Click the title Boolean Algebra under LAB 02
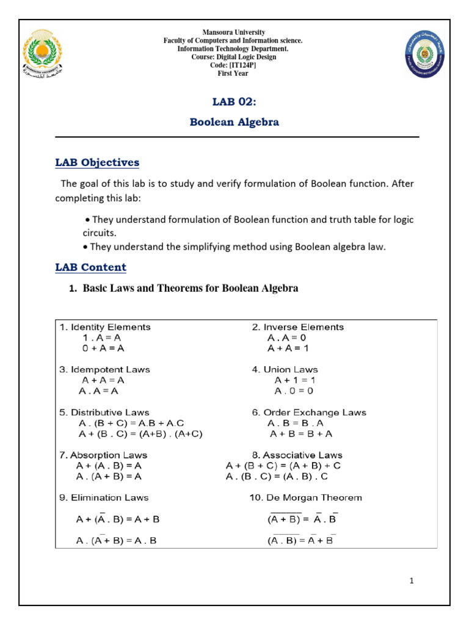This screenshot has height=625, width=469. pos(234,122)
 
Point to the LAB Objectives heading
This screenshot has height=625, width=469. pos(97,163)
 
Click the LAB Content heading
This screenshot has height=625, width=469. pos(90,267)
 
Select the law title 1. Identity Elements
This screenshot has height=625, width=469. pos(105,327)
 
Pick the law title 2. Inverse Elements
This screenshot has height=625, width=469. pos(298,327)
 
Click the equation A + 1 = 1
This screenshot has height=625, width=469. pos(294,380)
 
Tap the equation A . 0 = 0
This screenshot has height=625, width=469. pos(294,391)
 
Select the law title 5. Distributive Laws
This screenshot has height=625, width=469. pos(104,413)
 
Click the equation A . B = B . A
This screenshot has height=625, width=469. pos(296,423)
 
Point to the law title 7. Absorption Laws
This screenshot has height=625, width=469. pos(103,455)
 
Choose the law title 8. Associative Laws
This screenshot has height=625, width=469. pos(297,455)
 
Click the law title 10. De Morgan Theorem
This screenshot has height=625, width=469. pos(305,497)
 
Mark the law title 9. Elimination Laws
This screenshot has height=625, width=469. pos(104,497)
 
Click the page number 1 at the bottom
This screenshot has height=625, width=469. pos(412,581)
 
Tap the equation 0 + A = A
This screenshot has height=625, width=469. pos(103,349)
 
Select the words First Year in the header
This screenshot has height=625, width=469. pos(233,74)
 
